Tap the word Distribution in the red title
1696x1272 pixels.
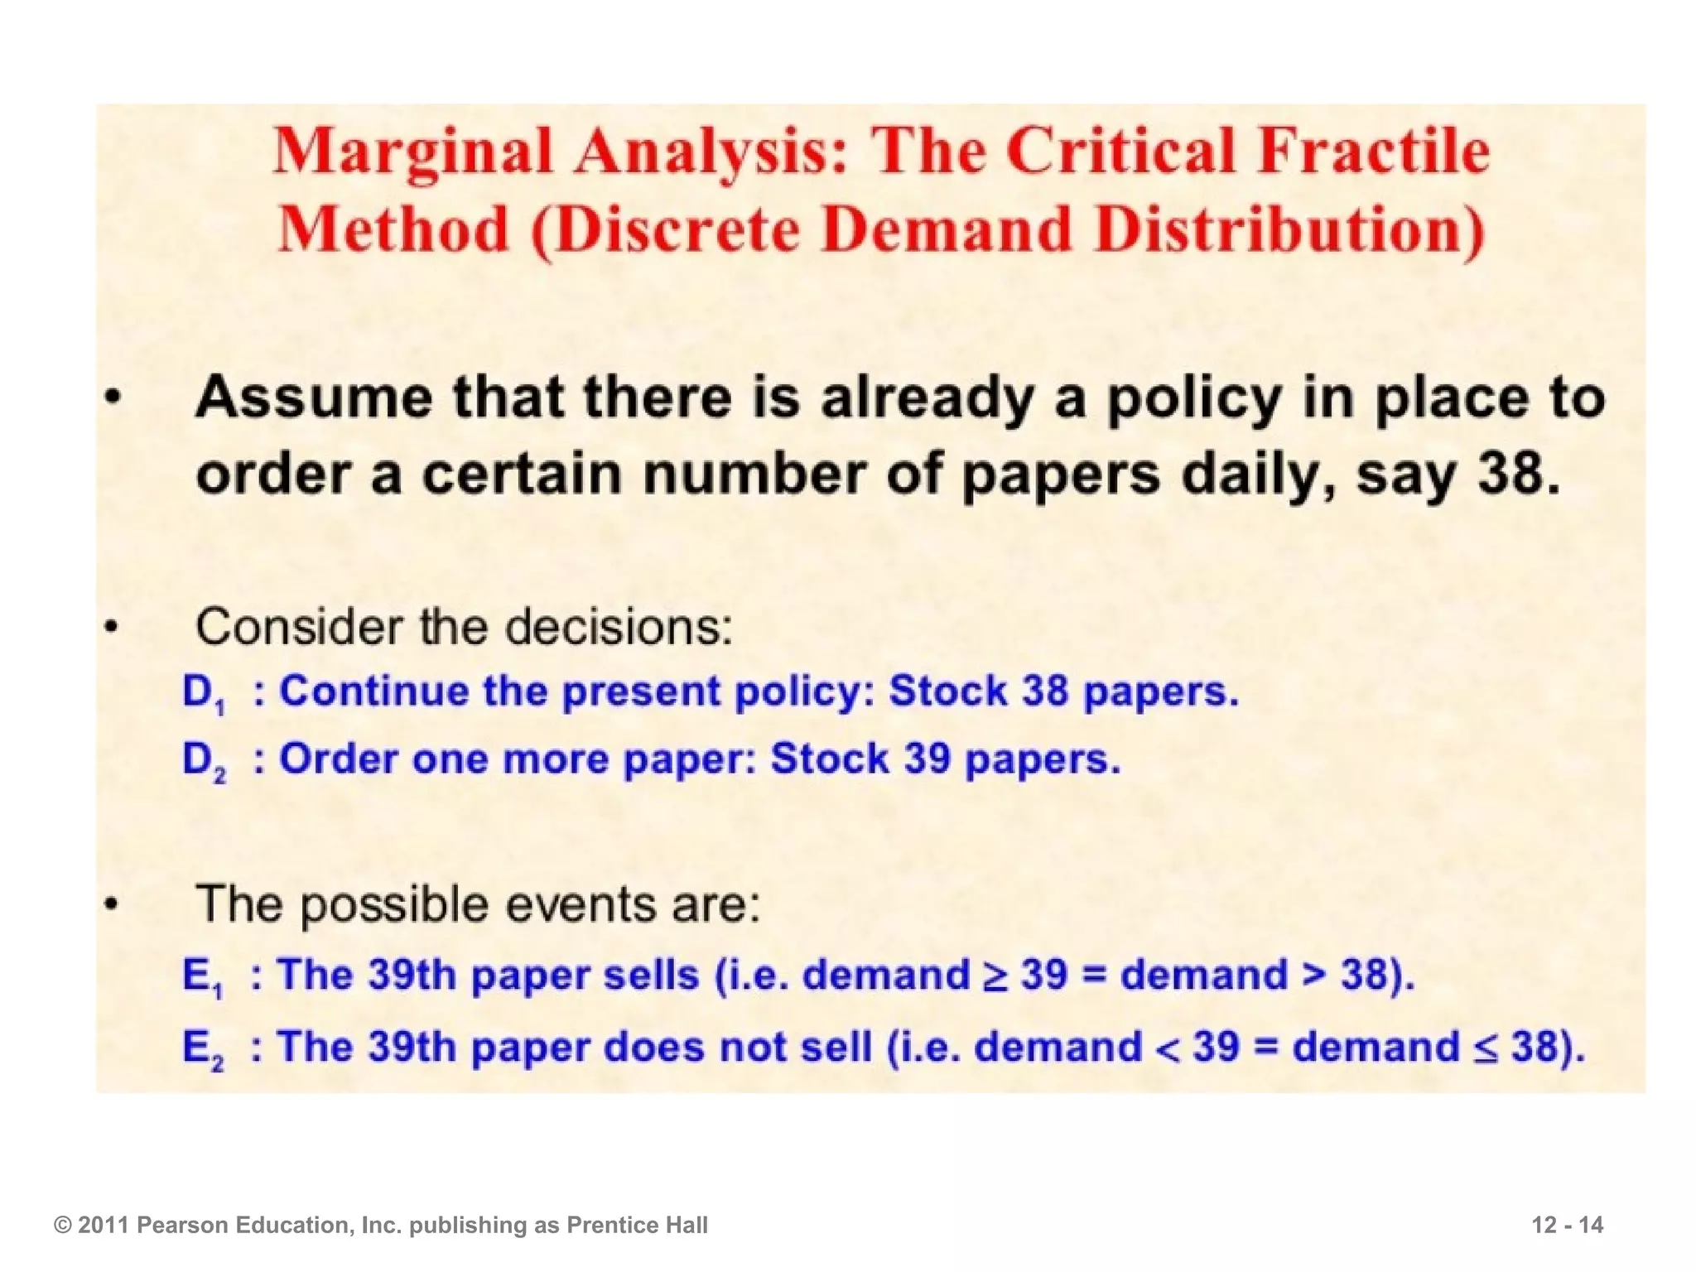tap(1293, 229)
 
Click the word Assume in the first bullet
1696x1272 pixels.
tap(313, 398)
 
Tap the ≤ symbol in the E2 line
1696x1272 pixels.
tap(1486, 1048)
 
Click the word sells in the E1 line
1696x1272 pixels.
tap(651, 975)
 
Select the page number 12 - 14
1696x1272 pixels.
tap(1567, 1225)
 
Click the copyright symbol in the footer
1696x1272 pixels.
tap(62, 1226)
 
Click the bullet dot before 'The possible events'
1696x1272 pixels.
tap(112, 905)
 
